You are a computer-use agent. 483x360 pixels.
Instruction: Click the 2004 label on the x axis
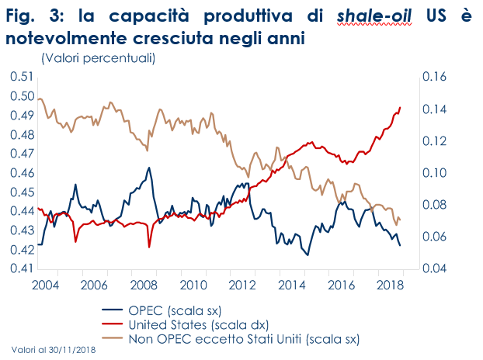(47, 285)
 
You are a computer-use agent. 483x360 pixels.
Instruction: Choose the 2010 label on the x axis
(192, 285)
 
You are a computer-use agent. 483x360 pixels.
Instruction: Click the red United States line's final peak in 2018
(400, 108)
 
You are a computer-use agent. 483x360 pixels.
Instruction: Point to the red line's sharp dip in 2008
(149, 247)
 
